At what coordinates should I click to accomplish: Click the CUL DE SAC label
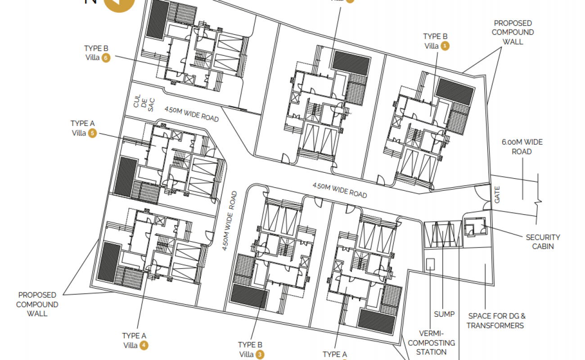[144, 103]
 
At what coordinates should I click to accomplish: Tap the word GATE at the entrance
[497, 195]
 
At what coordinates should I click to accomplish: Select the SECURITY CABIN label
[543, 242]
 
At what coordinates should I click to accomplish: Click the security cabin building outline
[475, 226]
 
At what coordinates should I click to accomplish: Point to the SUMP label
[444, 314]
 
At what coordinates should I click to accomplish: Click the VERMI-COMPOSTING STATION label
[432, 343]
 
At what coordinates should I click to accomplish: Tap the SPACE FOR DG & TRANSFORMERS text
[496, 321]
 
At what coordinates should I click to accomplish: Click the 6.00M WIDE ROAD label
[522, 147]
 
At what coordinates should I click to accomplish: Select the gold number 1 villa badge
[445, 46]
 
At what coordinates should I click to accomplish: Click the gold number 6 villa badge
[106, 58]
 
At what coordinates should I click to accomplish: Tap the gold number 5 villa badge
[92, 133]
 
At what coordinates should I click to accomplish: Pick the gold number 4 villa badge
[144, 345]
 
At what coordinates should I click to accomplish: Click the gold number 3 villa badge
[260, 355]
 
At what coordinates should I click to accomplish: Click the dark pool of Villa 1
[454, 91]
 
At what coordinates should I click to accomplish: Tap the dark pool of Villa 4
[109, 262]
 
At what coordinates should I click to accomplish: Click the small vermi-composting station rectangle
[430, 264]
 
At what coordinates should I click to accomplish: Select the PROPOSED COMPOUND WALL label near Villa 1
[513, 32]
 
